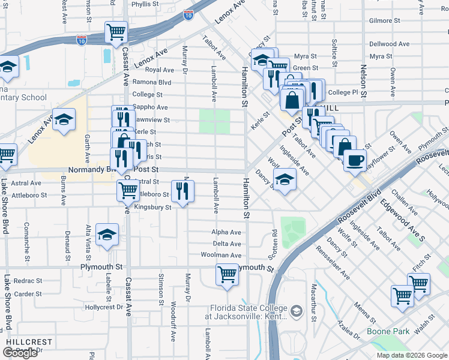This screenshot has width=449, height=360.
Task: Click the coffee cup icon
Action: coord(357,161)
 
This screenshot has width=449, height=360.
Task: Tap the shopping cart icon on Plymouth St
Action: coord(227,275)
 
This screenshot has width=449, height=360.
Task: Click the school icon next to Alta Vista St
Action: coord(107,235)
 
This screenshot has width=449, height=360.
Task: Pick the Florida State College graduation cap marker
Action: coord(295,311)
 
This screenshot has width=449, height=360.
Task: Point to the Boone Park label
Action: coord(388,331)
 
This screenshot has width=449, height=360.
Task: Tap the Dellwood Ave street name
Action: coord(389,44)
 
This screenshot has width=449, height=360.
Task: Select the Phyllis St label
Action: coord(144,4)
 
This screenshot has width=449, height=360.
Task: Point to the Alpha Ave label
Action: coord(226,232)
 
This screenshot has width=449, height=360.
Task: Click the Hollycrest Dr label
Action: coord(104,307)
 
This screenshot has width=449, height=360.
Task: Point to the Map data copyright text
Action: coord(411,355)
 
